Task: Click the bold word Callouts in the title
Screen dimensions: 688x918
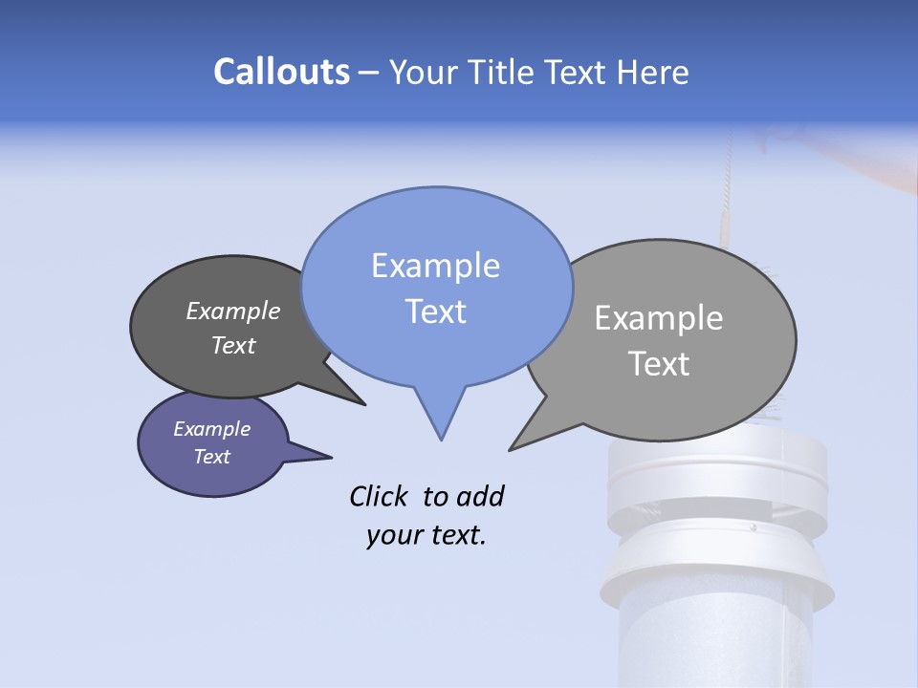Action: pos(282,72)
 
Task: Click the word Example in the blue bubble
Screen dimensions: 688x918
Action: pos(435,266)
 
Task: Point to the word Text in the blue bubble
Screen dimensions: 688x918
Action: pos(436,311)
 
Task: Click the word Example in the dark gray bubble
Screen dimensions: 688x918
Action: pos(233,311)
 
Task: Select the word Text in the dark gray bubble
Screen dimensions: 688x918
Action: pos(233,345)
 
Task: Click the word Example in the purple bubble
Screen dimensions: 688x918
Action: pos(212,429)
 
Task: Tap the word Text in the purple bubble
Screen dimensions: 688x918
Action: pos(212,457)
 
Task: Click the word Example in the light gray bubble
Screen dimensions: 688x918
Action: pos(659,318)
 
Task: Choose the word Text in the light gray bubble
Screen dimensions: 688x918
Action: pos(659,364)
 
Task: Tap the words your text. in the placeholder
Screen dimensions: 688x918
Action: pos(426,535)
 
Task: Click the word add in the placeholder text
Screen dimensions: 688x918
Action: pos(480,496)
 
